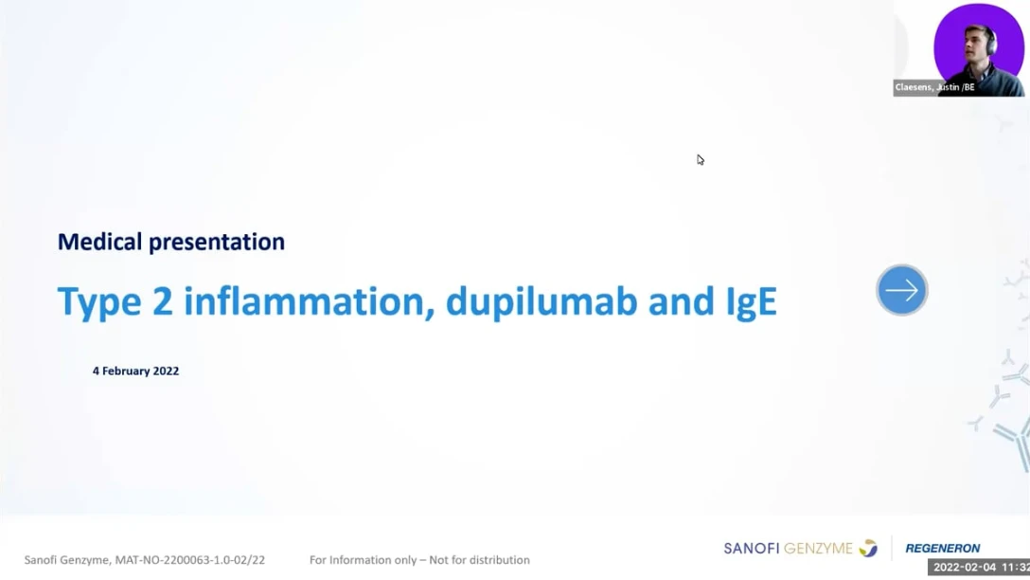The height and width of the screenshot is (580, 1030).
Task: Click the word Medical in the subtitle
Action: (x=99, y=242)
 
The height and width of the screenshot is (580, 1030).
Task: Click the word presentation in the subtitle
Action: (x=217, y=243)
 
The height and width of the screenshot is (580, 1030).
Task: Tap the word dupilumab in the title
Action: (x=542, y=301)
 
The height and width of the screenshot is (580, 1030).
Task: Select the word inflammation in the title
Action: (x=309, y=301)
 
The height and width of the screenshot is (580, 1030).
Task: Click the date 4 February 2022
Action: (x=136, y=371)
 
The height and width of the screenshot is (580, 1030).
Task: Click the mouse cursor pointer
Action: (x=701, y=160)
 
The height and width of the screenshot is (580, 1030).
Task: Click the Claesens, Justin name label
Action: (x=934, y=87)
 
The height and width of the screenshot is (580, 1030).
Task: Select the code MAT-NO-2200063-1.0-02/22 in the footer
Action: (x=190, y=560)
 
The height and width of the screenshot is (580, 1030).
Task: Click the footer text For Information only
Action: (x=364, y=560)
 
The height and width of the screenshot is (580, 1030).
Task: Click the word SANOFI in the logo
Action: (x=752, y=549)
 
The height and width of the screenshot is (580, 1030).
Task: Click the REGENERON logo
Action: (x=943, y=549)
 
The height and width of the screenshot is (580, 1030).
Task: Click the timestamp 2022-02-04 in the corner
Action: (x=965, y=568)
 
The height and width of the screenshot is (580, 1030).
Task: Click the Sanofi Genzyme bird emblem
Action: (x=868, y=548)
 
